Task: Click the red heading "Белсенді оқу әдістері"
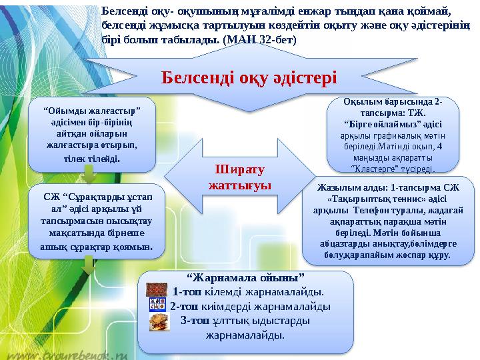coord(249,78)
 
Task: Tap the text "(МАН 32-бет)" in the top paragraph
coord(261,39)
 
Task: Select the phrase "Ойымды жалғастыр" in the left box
coord(91,109)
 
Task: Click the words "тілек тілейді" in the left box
coord(91,159)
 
